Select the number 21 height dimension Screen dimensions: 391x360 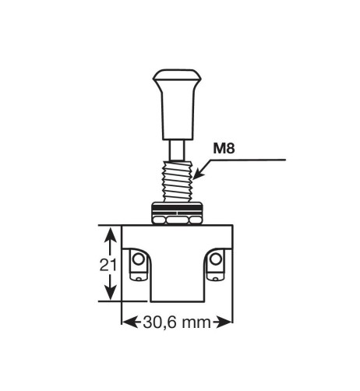108,265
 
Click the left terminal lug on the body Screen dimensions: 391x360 139,265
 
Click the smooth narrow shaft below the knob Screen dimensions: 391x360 177,148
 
